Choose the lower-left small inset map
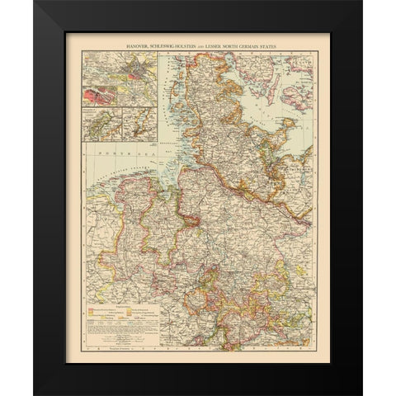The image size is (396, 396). coord(98,125)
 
